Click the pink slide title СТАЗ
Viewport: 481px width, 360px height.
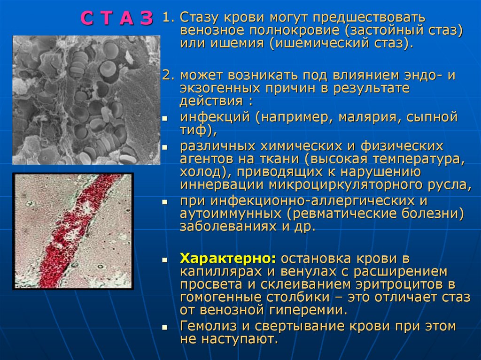click(x=117, y=19)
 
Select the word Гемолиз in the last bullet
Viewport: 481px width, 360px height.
click(x=209, y=326)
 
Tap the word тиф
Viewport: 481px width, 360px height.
click(x=193, y=130)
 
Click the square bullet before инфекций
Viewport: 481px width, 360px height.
click(x=164, y=118)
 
